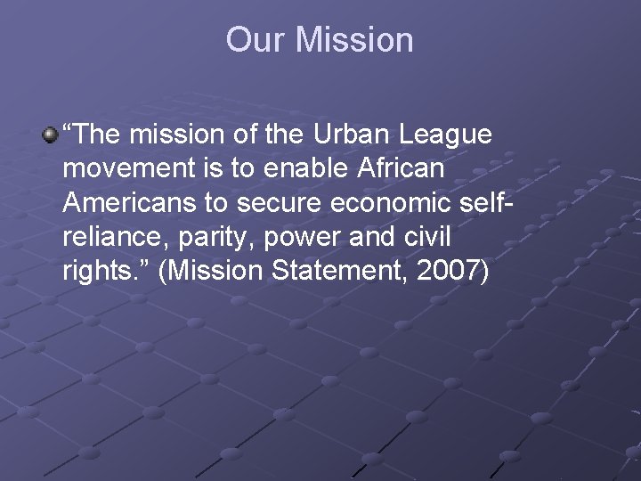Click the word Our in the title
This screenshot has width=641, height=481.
[256, 40]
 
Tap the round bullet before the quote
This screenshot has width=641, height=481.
[51, 135]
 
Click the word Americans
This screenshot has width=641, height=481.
[129, 202]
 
